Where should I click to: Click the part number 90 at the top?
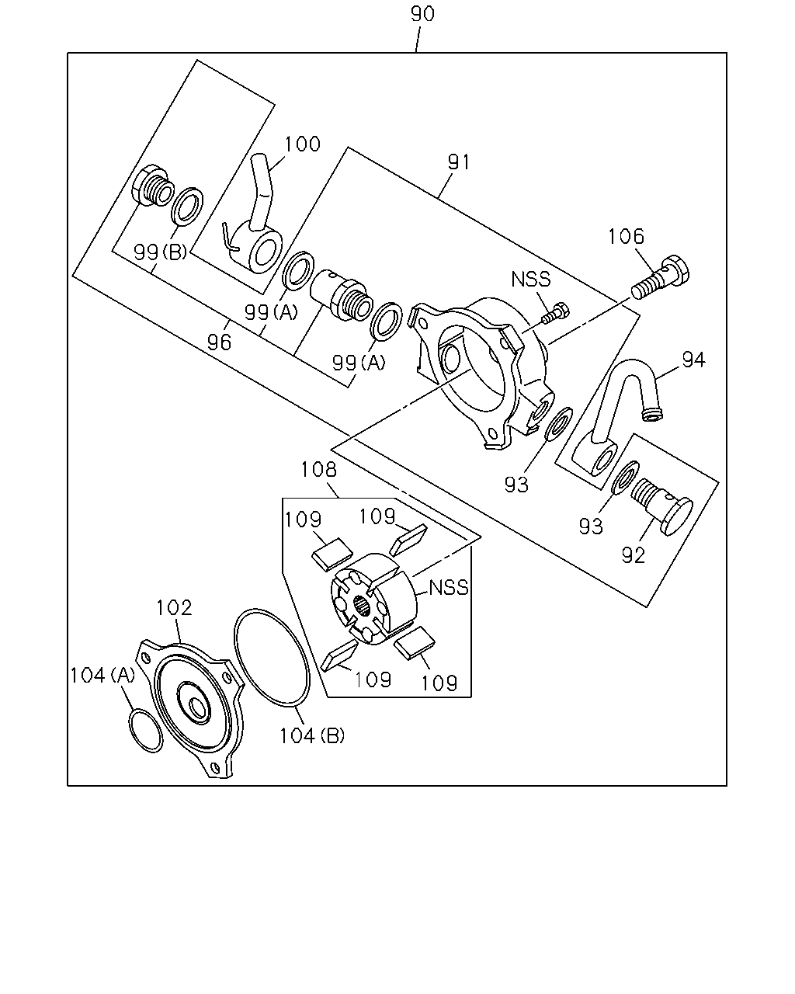pyautogui.click(x=422, y=14)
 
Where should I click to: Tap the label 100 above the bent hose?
pyautogui.click(x=302, y=144)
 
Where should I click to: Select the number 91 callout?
pyautogui.click(x=459, y=162)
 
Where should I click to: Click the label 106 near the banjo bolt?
pyautogui.click(x=626, y=237)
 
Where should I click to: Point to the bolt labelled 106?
pyautogui.click(x=660, y=276)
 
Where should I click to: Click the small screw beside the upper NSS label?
pyautogui.click(x=556, y=313)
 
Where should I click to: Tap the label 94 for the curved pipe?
pyautogui.click(x=693, y=360)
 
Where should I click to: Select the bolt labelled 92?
pyautogui.click(x=661, y=506)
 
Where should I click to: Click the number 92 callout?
pyautogui.click(x=633, y=555)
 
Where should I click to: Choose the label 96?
pyautogui.click(x=219, y=342)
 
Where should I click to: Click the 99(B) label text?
pyautogui.click(x=160, y=252)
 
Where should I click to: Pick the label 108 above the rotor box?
pyautogui.click(x=319, y=470)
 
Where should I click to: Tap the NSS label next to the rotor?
pyautogui.click(x=449, y=588)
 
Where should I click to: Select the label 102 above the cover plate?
pyautogui.click(x=174, y=608)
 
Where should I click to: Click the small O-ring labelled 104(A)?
pyautogui.click(x=145, y=732)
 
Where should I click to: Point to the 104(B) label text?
pyautogui.click(x=312, y=736)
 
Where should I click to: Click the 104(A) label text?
pyautogui.click(x=102, y=676)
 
